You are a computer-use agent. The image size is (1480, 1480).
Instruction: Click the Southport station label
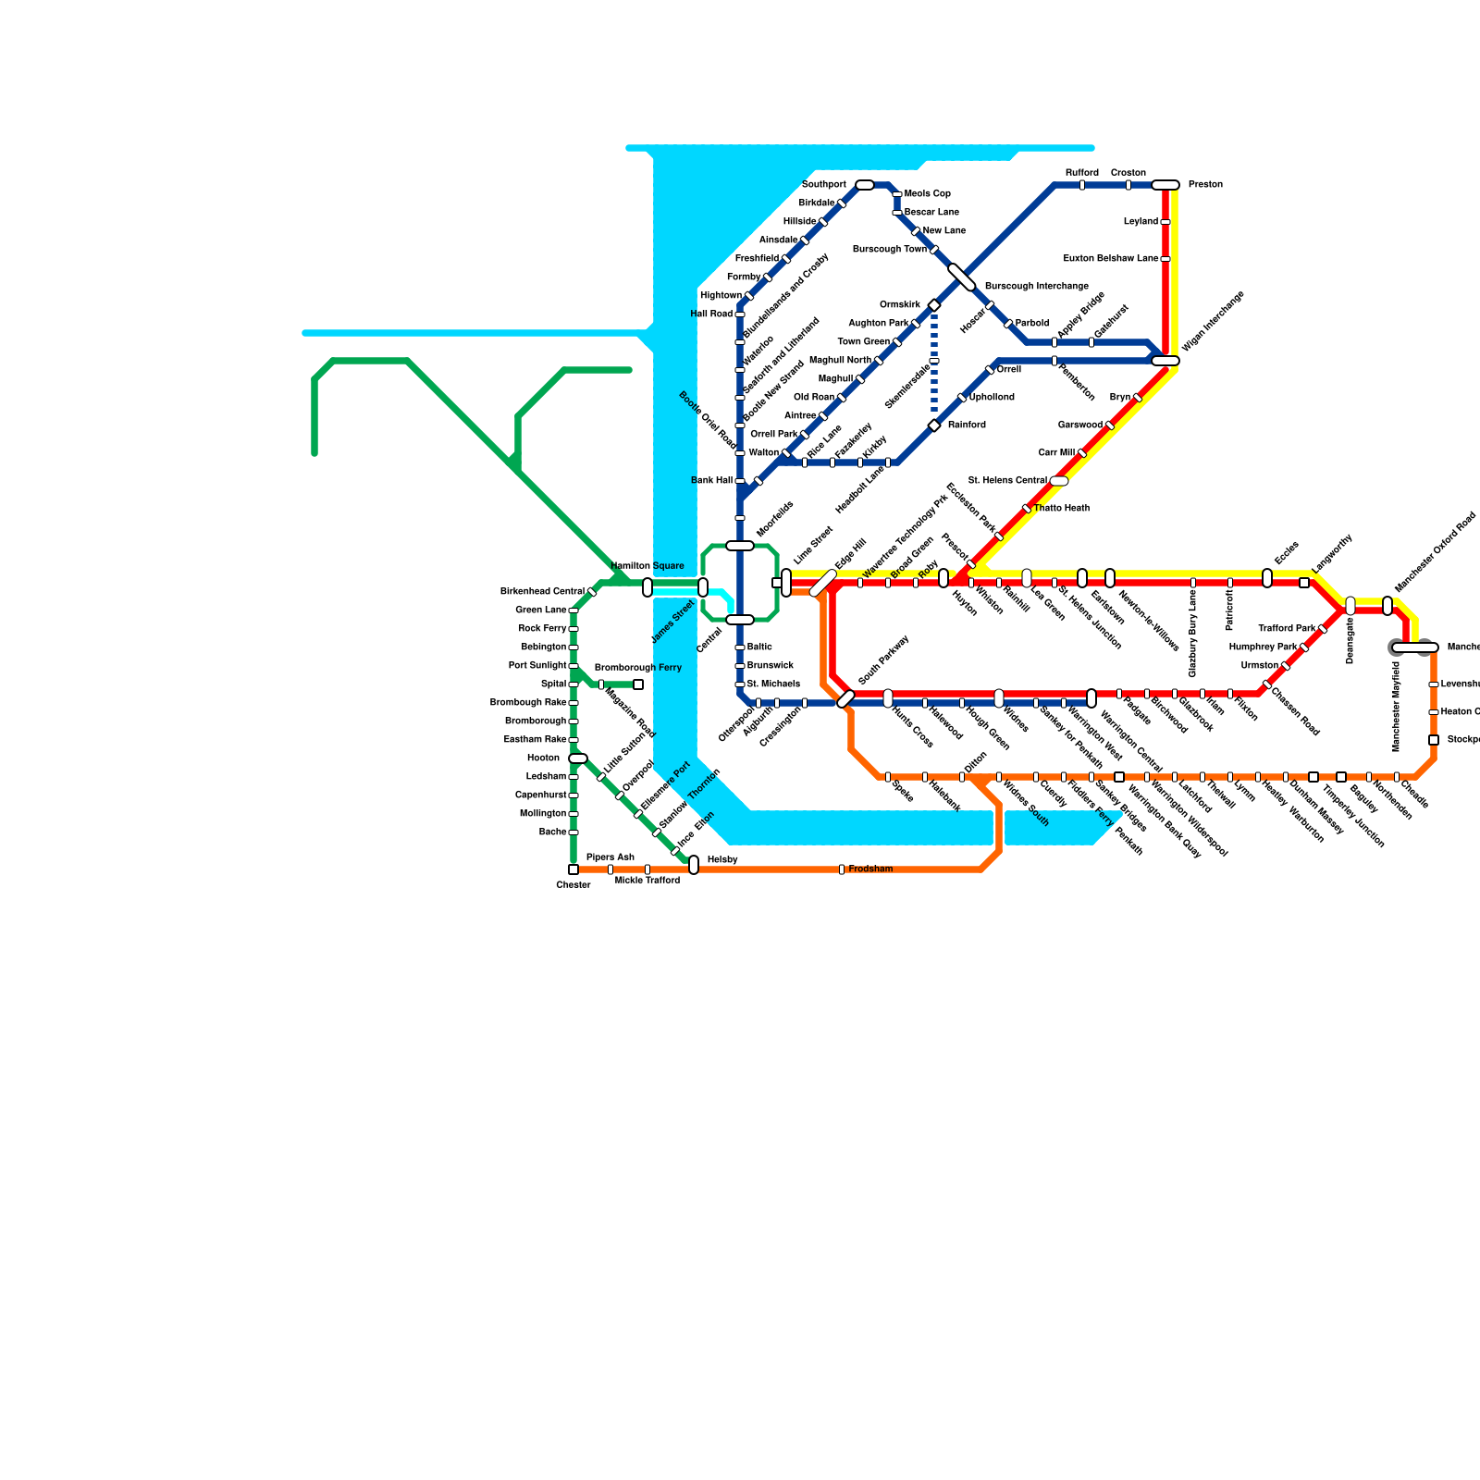click(x=823, y=185)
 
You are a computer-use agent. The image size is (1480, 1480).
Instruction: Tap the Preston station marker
click(x=1165, y=185)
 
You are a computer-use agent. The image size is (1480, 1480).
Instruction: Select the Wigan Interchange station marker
click(x=1165, y=361)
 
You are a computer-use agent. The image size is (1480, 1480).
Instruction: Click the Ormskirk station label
click(x=899, y=305)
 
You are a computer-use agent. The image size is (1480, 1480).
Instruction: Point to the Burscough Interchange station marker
click(x=962, y=277)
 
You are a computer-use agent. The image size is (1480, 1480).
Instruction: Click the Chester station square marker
click(x=573, y=869)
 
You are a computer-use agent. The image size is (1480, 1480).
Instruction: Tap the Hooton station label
click(x=543, y=758)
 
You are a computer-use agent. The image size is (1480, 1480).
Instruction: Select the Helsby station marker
click(x=694, y=865)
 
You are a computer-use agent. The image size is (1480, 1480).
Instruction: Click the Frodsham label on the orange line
click(x=870, y=869)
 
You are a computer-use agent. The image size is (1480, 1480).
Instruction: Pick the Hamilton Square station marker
click(x=647, y=587)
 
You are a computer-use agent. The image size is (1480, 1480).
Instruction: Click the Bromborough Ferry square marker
click(x=638, y=684)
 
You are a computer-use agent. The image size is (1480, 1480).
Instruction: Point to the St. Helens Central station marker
click(x=1059, y=481)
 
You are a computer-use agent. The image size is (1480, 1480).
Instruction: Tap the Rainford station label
click(x=967, y=425)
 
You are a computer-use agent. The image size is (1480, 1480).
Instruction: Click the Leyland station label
click(x=1141, y=222)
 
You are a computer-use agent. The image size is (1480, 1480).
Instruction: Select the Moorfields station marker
click(x=740, y=546)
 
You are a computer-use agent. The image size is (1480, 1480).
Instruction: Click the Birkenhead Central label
click(x=542, y=592)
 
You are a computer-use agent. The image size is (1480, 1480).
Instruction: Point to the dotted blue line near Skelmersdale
click(x=934, y=365)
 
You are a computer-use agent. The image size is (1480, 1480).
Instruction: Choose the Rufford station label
click(x=1081, y=173)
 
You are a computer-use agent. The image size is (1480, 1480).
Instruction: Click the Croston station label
click(x=1128, y=173)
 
